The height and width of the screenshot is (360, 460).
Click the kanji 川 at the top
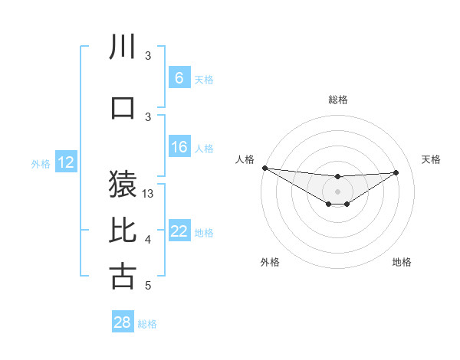[123, 47]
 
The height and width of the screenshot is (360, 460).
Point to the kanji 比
[123, 231]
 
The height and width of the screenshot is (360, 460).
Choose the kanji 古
[123, 276]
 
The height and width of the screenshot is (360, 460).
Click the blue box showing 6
[179, 78]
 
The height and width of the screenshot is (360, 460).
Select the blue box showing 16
[179, 147]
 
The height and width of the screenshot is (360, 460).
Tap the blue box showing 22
[179, 232]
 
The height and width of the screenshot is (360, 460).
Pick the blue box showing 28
[123, 322]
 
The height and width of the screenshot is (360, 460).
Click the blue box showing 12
[66, 162]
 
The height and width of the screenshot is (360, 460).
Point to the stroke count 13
[149, 194]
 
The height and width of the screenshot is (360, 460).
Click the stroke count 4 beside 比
[148, 241]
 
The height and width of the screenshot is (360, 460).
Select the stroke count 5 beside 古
[148, 286]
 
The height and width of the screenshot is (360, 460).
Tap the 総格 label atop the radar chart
[337, 100]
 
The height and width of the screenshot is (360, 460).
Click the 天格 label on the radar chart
[431, 159]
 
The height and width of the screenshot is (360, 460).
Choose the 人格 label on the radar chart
[245, 159]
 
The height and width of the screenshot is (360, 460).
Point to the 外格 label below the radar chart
[270, 263]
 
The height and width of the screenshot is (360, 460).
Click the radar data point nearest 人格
[264, 168]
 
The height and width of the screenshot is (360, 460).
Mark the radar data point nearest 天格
[396, 172]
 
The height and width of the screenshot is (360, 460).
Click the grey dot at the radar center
[337, 191]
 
